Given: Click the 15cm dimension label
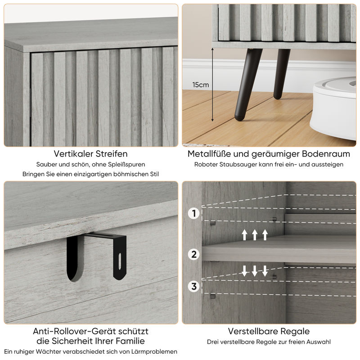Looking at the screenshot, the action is (x=200, y=85).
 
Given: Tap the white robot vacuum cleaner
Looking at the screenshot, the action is (x=333, y=108).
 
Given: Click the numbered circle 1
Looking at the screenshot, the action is (x=194, y=213).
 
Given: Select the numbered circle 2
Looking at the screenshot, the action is (x=194, y=254).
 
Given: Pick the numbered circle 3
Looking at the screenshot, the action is (x=194, y=286).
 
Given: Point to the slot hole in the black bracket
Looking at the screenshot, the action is (x=120, y=261).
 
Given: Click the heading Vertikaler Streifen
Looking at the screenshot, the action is (x=91, y=153).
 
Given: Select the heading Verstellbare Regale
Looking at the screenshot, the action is (x=269, y=331).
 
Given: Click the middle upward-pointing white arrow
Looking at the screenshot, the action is (x=255, y=235).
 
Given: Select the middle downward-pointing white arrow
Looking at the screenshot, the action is (x=255, y=271).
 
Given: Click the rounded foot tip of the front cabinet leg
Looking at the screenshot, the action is (x=239, y=118).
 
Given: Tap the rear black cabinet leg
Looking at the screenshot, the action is (x=281, y=74).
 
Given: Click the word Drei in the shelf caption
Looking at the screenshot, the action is (x=212, y=342).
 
